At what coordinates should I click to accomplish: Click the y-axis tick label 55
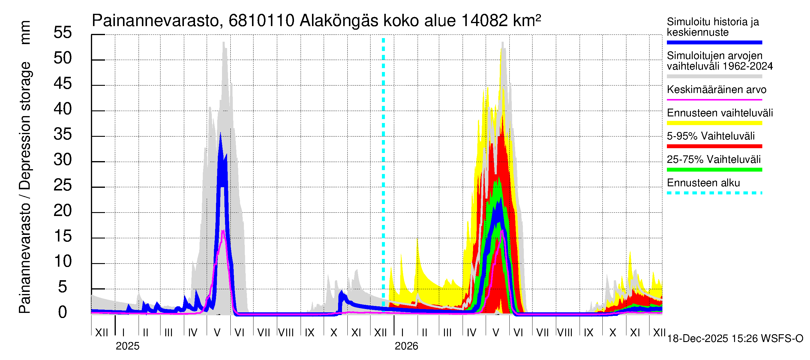point(63,33)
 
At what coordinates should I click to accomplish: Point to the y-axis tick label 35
point(63,135)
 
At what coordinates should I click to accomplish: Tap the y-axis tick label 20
point(63,211)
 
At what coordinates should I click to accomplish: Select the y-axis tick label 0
point(63,313)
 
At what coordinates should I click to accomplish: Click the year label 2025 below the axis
point(127,346)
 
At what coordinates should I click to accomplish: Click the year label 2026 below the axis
point(406,346)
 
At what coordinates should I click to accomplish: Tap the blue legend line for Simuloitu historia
point(714,42)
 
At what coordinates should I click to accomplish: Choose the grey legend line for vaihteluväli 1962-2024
point(714,76)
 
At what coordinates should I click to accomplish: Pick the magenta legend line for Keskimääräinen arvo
point(714,100)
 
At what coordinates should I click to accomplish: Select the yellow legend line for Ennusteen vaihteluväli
point(714,123)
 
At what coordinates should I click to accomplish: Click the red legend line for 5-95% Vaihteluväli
point(714,146)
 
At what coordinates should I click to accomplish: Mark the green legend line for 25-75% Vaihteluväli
point(714,170)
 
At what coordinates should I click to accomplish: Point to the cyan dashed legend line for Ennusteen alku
point(714,193)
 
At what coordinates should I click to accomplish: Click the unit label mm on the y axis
point(25,32)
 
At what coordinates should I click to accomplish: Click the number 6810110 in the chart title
point(261,21)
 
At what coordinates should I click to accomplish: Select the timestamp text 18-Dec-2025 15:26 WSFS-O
point(735,339)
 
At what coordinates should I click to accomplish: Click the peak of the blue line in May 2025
point(220,134)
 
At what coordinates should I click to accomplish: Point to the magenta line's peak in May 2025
point(223,231)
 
